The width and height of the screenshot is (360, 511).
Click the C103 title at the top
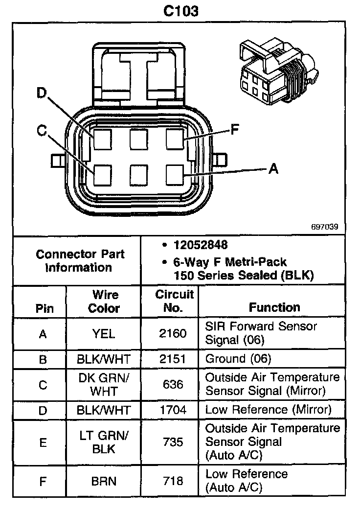click(181, 11)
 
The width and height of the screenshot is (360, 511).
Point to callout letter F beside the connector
click(234, 130)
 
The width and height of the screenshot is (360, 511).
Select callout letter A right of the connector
click(273, 169)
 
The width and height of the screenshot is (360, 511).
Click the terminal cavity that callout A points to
click(175, 174)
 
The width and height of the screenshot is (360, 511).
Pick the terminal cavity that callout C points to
click(103, 174)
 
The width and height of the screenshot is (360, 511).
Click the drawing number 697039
click(324, 227)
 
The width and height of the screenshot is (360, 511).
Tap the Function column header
click(274, 307)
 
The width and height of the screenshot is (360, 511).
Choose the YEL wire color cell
click(103, 334)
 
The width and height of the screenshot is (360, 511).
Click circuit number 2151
click(173, 359)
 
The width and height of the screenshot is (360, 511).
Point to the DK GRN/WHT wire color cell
click(103, 385)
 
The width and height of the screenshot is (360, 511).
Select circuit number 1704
click(173, 410)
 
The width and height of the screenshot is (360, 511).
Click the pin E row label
click(43, 442)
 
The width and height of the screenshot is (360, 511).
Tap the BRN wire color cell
click(104, 481)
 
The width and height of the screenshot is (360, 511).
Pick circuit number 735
click(173, 442)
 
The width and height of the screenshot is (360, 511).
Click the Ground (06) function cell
click(238, 359)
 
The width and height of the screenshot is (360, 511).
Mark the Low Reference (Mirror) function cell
click(268, 410)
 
